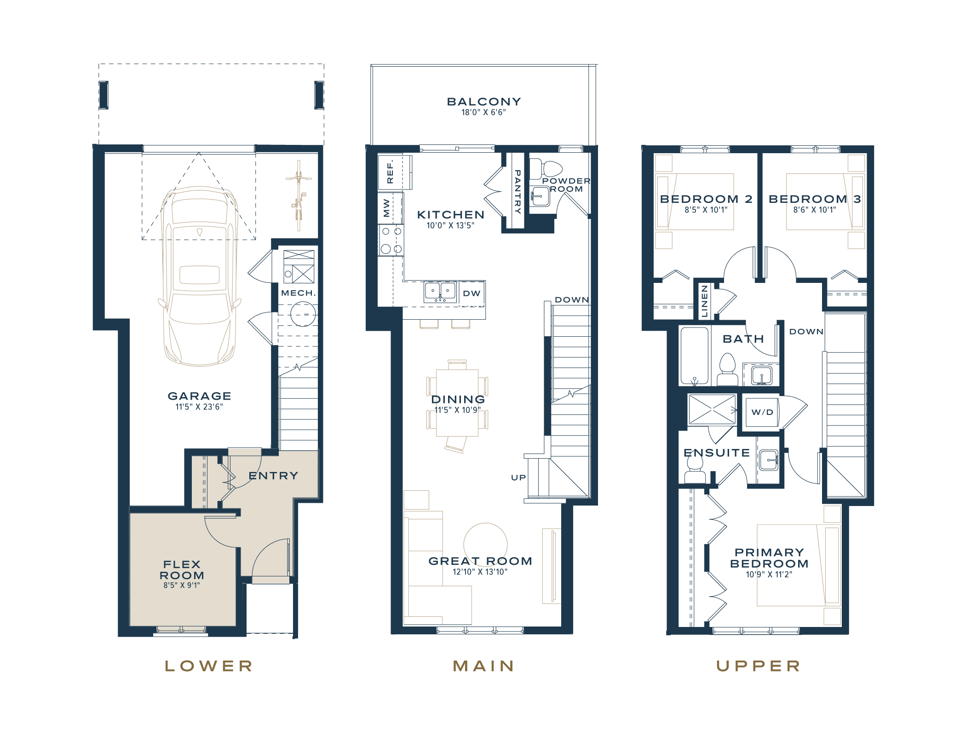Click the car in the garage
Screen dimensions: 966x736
(200, 276)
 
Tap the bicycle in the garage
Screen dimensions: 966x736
(299, 195)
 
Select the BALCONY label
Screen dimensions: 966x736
(484, 102)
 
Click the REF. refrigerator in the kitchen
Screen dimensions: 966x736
(395, 172)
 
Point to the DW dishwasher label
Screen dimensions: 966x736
(471, 293)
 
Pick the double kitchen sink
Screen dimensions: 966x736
(440, 292)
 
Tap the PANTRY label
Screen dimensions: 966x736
(517, 192)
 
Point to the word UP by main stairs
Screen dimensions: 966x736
(518, 477)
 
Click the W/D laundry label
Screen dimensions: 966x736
(762, 412)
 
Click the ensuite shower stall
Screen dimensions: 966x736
(712, 409)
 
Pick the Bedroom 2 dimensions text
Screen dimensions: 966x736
(706, 210)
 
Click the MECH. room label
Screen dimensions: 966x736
(298, 293)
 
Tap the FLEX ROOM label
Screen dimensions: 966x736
(182, 570)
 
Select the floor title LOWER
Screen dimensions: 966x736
(209, 666)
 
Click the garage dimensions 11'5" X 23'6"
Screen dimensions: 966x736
(199, 407)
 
